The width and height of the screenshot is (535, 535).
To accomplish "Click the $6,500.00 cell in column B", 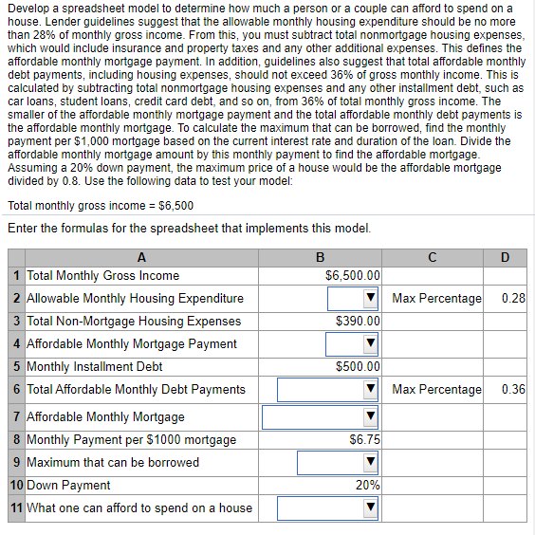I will coord(352,276).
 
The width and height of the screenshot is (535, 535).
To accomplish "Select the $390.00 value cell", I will coord(358,322).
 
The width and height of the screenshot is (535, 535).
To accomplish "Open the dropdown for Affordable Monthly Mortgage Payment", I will coord(371,343).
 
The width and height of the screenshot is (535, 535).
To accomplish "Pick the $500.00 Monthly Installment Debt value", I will coord(358,366).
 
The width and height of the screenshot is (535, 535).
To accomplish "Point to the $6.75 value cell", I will coord(364,440).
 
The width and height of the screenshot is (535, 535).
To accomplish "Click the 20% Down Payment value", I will coord(368,486).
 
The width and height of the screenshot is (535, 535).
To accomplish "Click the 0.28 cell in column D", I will coord(513,299).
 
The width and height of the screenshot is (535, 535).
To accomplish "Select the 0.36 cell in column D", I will coord(513,389).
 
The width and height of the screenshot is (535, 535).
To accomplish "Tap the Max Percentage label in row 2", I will coord(436,299).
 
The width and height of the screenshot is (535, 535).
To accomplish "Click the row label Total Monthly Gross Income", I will coord(102,276).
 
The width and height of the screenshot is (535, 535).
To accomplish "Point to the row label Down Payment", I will coord(68,486).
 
